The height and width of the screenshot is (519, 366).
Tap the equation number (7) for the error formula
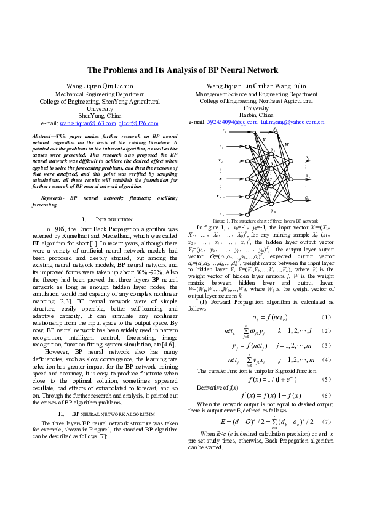(x=327, y=422)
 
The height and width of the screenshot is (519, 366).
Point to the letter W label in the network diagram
(x=287, y=144)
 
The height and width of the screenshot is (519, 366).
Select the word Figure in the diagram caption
(x=219, y=220)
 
